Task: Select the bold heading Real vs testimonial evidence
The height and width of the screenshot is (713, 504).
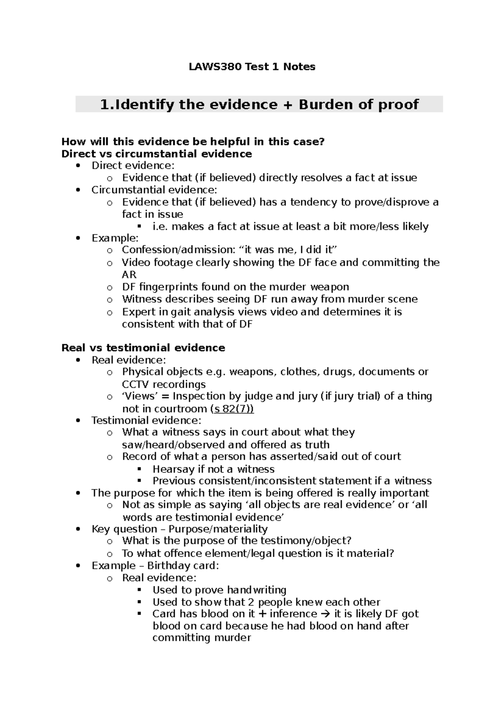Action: click(x=143, y=348)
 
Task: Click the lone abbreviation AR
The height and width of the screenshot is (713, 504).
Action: click(x=129, y=275)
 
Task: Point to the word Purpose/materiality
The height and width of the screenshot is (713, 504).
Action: click(x=218, y=529)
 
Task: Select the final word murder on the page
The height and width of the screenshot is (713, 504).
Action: click(x=233, y=638)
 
